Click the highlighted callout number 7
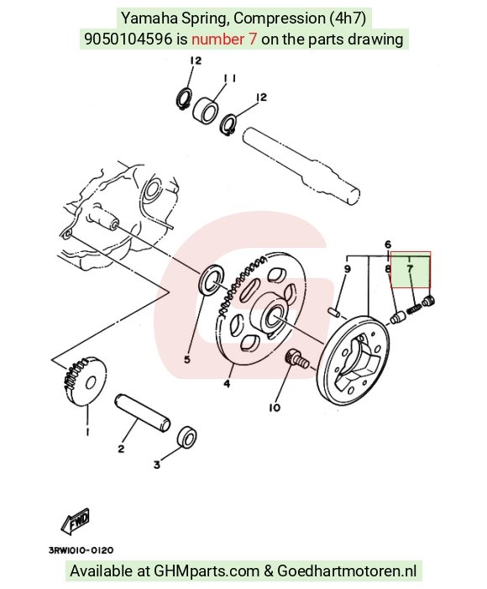click(409, 269)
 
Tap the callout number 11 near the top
click(229, 78)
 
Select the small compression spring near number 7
click(414, 309)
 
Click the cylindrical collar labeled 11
click(206, 110)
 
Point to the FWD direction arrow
click(76, 522)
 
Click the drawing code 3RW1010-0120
click(81, 550)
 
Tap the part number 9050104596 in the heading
click(128, 39)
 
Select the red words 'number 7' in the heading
click(224, 39)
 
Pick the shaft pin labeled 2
click(143, 412)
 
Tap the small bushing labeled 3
click(187, 437)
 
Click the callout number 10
click(275, 408)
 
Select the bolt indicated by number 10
click(296, 359)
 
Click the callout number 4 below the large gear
click(227, 384)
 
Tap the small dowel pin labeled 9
click(334, 312)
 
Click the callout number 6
click(388, 245)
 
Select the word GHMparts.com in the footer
click(207, 571)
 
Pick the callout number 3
click(156, 465)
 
